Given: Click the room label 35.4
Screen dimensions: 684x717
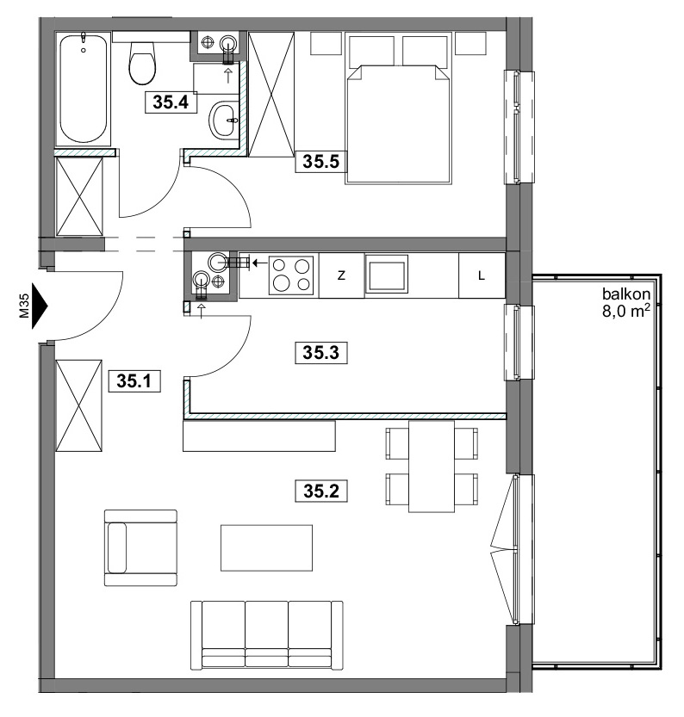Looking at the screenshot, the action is point(171,102).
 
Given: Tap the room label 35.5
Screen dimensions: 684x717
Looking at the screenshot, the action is point(321,162).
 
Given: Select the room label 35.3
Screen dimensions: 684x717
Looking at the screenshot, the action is point(321,353).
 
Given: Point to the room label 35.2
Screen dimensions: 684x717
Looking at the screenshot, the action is point(321,491).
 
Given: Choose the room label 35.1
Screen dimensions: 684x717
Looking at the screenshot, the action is point(134,381).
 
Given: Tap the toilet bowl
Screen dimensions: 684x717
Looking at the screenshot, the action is point(142,63).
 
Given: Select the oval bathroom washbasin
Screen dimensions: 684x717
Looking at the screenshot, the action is point(224,120).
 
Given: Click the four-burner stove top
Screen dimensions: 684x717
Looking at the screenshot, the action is point(291,275).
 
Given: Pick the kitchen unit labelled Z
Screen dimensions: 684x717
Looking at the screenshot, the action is point(341,275).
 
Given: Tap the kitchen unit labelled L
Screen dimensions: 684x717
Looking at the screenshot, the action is point(482,275).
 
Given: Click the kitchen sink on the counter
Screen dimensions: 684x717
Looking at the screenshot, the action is point(387,275).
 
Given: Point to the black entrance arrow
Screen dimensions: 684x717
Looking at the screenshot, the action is point(40,306).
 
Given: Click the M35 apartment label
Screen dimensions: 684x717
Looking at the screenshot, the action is point(24,306).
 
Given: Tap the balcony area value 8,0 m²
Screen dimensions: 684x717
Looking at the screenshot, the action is point(626,311).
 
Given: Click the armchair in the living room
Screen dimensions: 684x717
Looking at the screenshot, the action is point(140,547).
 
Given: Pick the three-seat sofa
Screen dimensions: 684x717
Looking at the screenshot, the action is point(267,635).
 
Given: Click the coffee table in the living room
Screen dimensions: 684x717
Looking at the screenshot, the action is point(267,547).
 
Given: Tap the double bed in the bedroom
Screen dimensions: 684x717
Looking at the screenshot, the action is point(399,124).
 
